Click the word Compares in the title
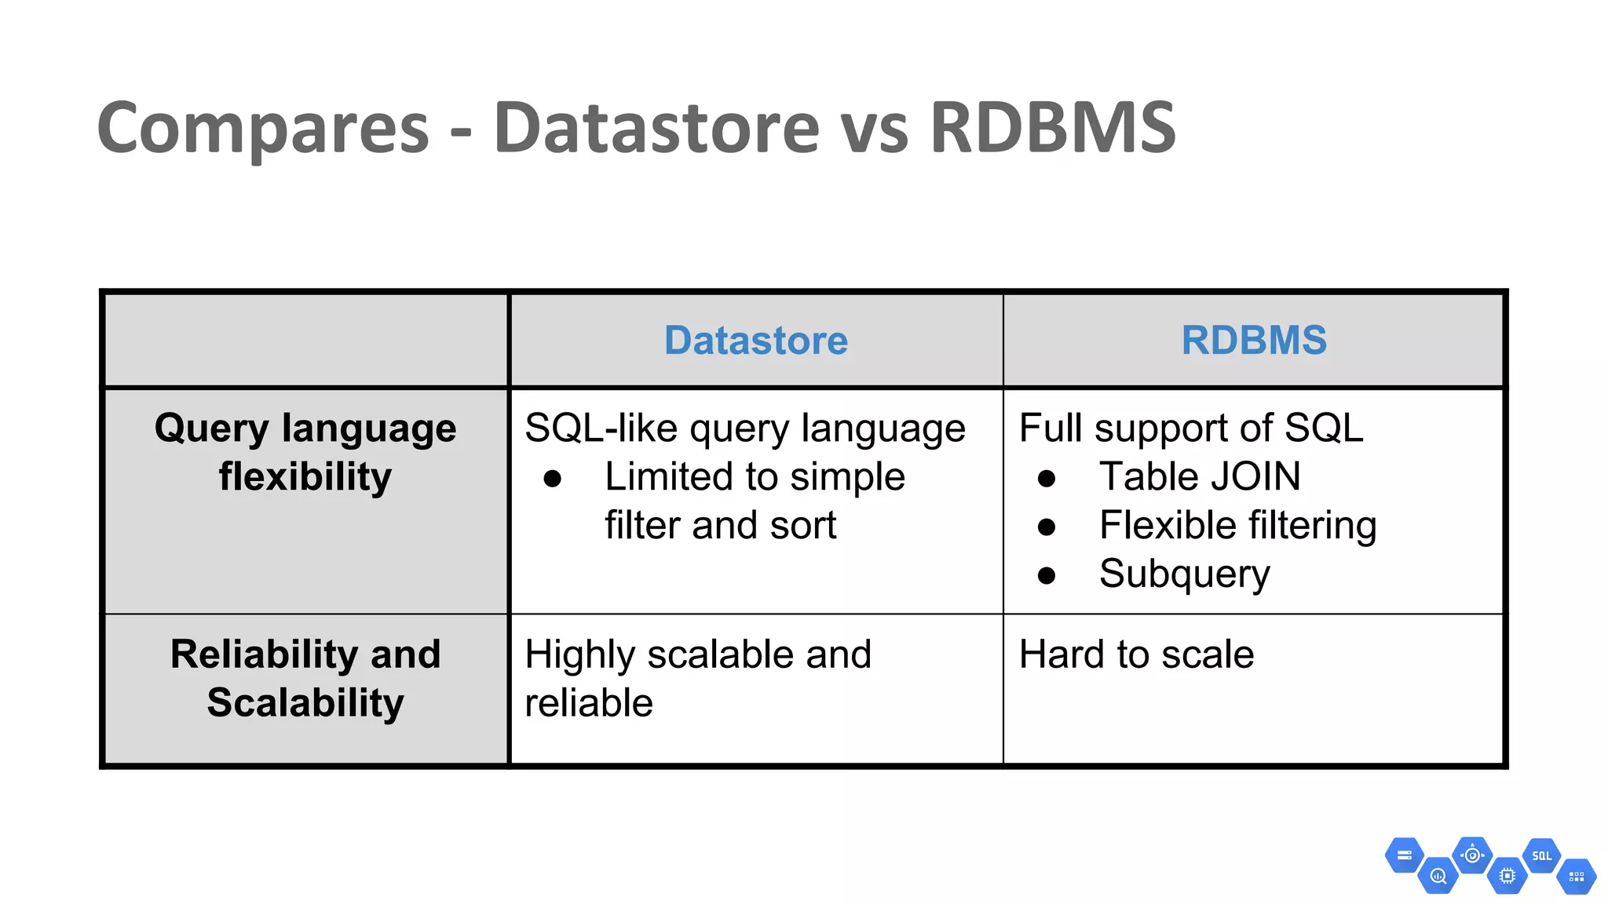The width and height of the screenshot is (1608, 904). (x=263, y=128)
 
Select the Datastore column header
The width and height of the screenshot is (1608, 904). (x=755, y=341)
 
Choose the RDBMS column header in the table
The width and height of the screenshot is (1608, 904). (x=1253, y=341)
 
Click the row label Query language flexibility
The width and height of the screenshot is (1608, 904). (x=305, y=452)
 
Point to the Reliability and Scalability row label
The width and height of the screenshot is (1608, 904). (x=305, y=678)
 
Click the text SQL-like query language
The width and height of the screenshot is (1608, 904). (x=744, y=428)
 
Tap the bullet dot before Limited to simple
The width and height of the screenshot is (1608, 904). (x=553, y=479)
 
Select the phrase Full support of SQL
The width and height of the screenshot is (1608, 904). (x=1190, y=428)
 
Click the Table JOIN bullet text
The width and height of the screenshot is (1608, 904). (x=1199, y=476)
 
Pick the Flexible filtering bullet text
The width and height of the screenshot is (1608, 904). (x=1237, y=525)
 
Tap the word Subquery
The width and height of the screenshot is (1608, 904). (x=1184, y=574)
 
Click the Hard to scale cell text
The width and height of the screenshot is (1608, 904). (x=1136, y=654)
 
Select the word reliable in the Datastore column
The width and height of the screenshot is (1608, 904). (x=589, y=703)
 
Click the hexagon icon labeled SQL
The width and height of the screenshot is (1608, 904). (x=1541, y=856)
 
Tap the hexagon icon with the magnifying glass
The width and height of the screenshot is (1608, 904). (x=1438, y=876)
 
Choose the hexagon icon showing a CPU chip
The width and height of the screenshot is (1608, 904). (x=1507, y=876)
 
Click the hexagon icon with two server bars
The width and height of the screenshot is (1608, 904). (x=1404, y=855)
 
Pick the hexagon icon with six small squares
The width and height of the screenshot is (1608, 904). (x=1576, y=877)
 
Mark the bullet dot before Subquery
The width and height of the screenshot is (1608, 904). (x=1046, y=576)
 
